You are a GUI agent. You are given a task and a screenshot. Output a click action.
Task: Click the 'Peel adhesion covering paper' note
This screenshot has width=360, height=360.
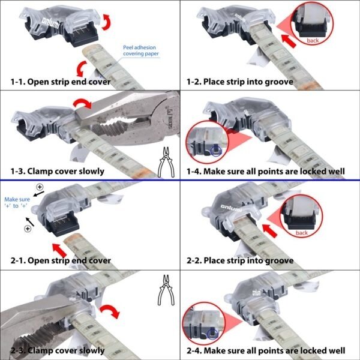click(x=141, y=50)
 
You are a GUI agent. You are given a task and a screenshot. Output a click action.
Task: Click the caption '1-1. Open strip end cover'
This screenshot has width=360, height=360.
click(x=61, y=82)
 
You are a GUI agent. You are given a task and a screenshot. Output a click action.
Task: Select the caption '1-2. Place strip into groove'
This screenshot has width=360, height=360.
click(x=240, y=82)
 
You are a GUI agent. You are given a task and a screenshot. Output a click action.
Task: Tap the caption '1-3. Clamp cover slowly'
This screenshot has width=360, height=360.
click(x=58, y=171)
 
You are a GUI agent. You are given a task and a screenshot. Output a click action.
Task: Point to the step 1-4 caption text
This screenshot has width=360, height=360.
click(x=266, y=171)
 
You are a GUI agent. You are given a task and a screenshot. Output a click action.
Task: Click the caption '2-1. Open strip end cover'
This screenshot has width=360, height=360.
click(x=61, y=260)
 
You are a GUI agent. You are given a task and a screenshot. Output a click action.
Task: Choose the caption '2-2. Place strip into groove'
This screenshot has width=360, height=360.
click(x=240, y=260)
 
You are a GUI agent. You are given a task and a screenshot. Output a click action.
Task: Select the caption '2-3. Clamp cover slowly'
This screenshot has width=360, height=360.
click(x=58, y=350)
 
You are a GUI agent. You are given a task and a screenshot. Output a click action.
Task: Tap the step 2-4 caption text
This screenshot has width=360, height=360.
click(x=266, y=350)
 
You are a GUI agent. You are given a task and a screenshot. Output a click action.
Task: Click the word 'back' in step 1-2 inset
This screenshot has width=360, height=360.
click(x=313, y=41)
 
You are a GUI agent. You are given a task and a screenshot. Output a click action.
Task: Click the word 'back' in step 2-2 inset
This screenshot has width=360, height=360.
click(x=302, y=233)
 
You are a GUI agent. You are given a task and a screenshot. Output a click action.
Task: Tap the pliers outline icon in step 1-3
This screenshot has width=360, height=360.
click(x=166, y=162)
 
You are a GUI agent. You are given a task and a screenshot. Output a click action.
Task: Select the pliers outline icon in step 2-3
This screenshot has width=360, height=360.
click(x=166, y=290)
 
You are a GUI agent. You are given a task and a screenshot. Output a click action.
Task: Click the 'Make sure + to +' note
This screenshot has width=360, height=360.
click(x=17, y=203)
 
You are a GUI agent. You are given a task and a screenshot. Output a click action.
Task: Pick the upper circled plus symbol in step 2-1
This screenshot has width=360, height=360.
click(x=40, y=187)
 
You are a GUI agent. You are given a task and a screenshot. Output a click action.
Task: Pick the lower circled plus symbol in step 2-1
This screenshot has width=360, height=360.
click(x=28, y=229)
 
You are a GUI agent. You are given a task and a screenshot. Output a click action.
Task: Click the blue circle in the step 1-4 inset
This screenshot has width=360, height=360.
click(x=216, y=151)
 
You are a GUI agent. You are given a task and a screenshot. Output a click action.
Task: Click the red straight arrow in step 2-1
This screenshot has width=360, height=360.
click(x=59, y=250)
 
